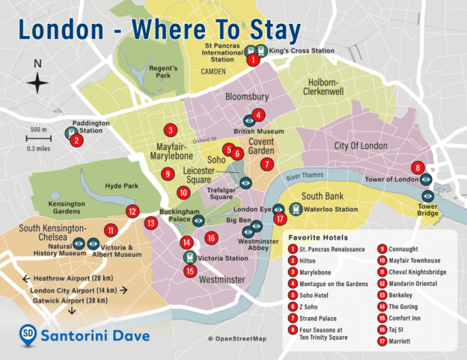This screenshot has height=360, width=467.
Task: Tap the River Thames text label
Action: [x=305, y=175]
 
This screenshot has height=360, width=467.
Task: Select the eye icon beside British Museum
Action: [x=250, y=120]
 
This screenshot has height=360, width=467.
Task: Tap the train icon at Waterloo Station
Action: [x=296, y=210]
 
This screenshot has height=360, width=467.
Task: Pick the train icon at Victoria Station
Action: [x=189, y=257]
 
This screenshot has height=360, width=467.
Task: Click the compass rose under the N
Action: [x=39, y=84]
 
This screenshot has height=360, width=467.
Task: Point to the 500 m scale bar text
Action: [x=39, y=129]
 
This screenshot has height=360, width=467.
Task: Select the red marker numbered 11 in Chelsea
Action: [x=111, y=231]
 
